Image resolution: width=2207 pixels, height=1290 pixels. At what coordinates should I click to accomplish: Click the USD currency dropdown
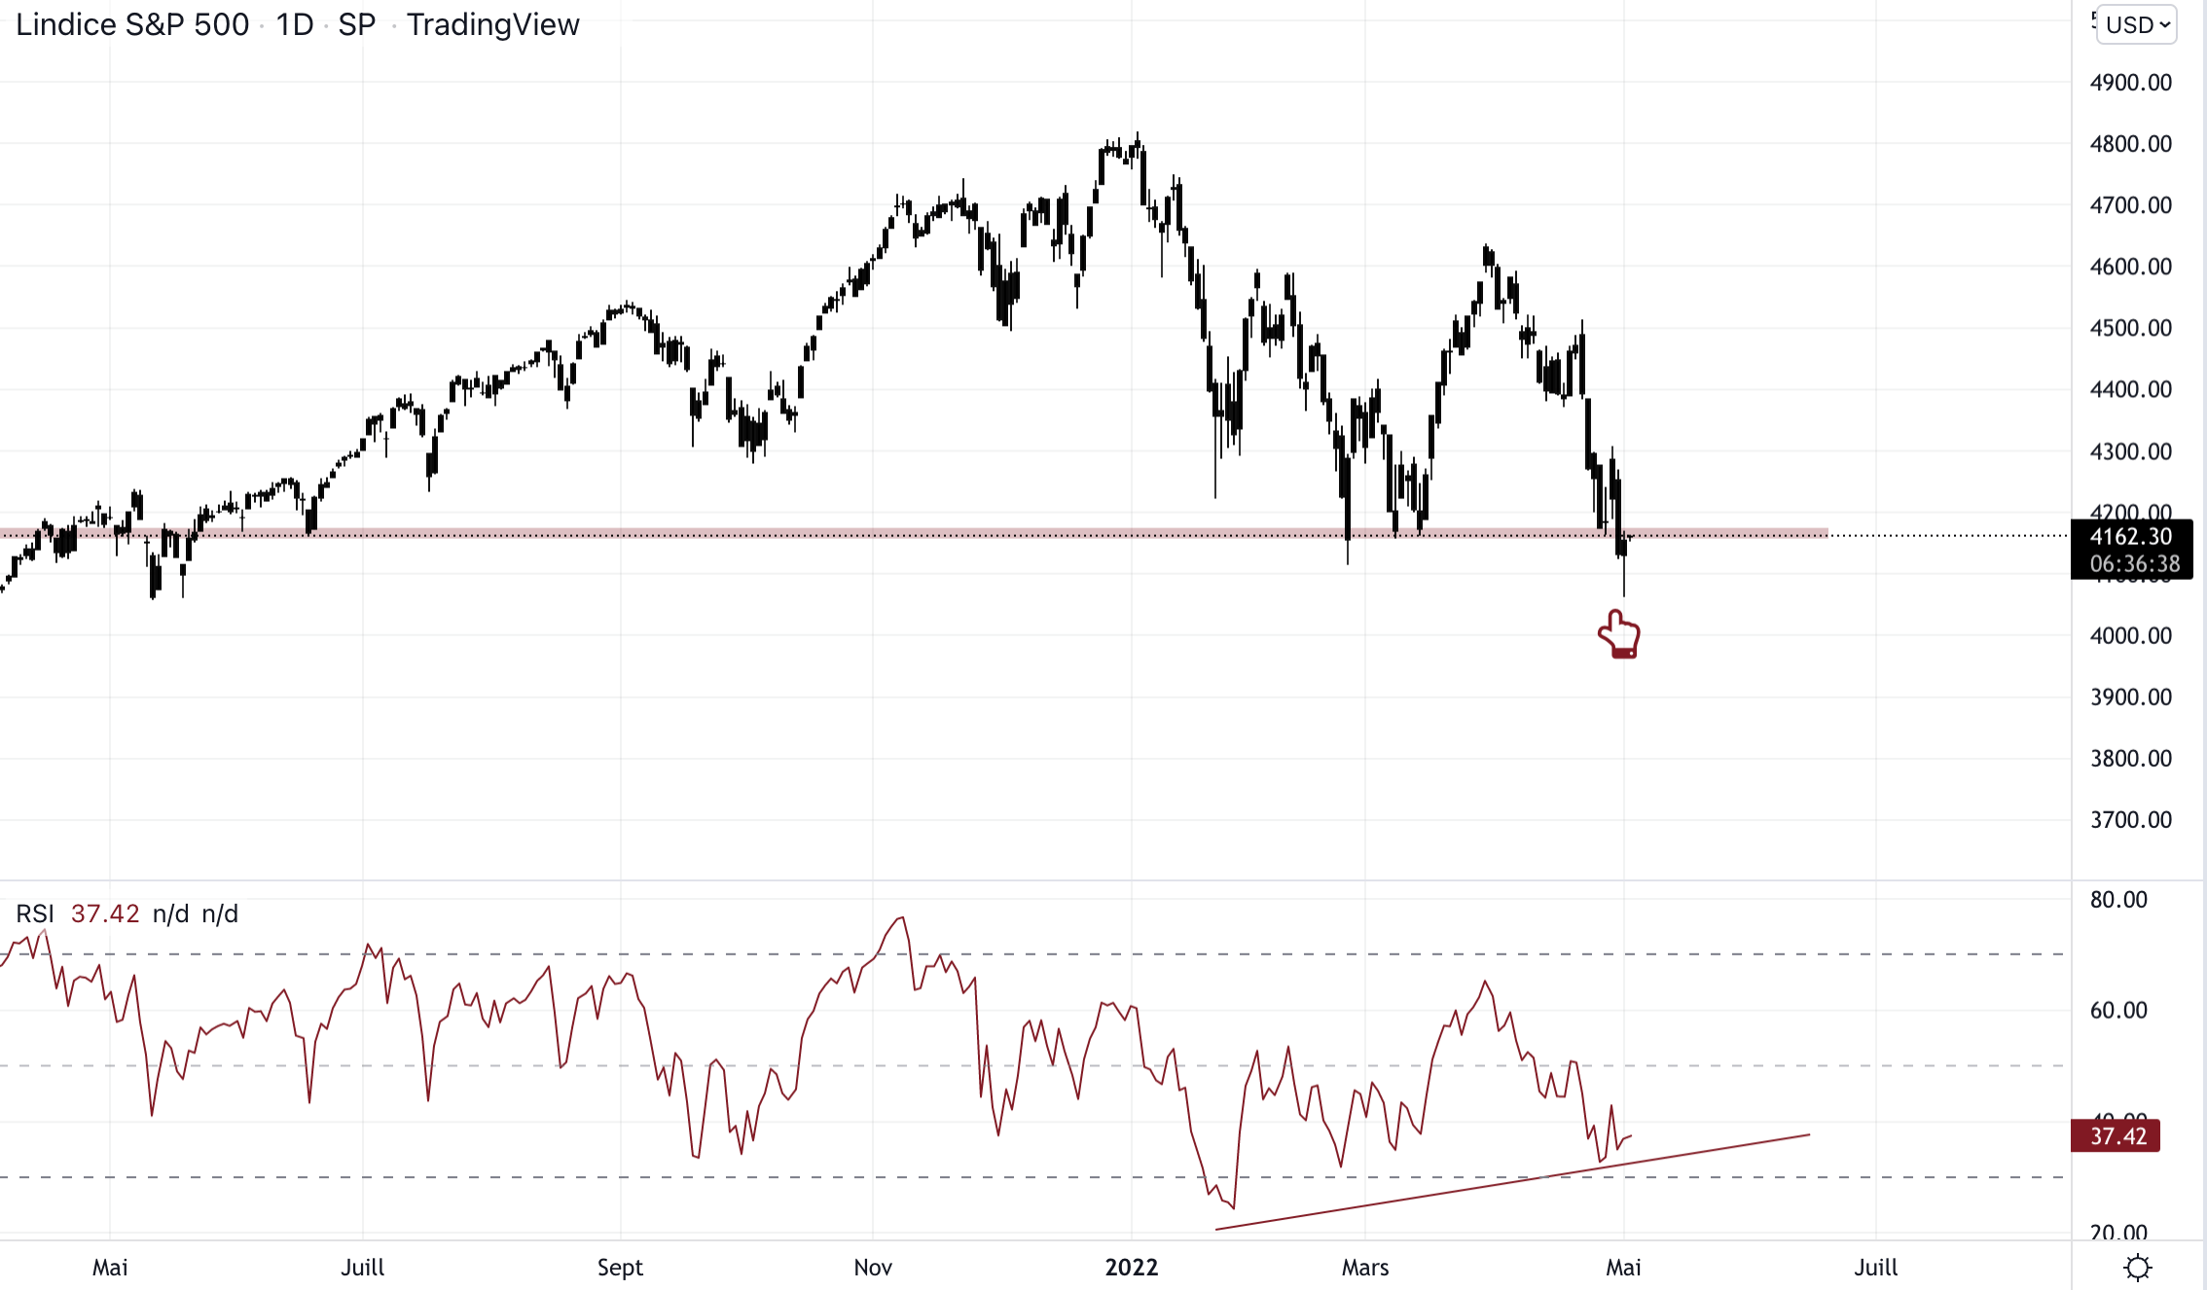[x=2137, y=24]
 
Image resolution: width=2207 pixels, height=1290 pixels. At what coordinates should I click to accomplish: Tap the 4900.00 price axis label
[x=2130, y=83]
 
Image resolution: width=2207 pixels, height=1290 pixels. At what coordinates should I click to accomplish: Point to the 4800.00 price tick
[x=2130, y=144]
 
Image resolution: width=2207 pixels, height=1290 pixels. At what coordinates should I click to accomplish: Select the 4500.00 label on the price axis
[x=2130, y=328]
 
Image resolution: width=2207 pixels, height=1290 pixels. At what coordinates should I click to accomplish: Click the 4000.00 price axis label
[x=2130, y=636]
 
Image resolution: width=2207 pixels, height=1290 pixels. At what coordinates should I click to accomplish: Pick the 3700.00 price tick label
[x=2130, y=820]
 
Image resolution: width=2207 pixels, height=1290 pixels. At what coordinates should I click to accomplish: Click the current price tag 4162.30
[x=2130, y=537]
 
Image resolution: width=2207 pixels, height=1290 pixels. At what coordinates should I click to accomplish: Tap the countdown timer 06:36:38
[x=2134, y=564]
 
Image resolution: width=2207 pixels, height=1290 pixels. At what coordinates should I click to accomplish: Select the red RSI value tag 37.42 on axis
[x=2117, y=1136]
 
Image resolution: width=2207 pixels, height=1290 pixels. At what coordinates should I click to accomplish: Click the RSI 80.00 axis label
[x=2117, y=900]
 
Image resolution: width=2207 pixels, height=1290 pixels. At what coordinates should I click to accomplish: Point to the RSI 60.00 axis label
[x=2117, y=1011]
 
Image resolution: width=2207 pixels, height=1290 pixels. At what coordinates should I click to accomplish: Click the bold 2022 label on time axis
[x=1132, y=1268]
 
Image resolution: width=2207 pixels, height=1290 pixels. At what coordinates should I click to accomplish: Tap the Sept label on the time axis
[x=620, y=1268]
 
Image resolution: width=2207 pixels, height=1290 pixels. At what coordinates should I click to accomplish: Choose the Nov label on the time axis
[x=873, y=1268]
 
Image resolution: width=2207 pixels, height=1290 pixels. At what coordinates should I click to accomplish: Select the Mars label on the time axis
[x=1365, y=1268]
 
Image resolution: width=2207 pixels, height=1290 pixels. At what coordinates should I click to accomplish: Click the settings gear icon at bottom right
[x=2138, y=1268]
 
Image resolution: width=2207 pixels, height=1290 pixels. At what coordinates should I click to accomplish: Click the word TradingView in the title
[x=492, y=24]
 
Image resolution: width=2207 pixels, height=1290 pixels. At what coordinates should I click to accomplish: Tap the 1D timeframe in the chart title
[x=294, y=24]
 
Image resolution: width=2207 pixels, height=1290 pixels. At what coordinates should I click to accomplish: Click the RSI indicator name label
[x=35, y=914]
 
